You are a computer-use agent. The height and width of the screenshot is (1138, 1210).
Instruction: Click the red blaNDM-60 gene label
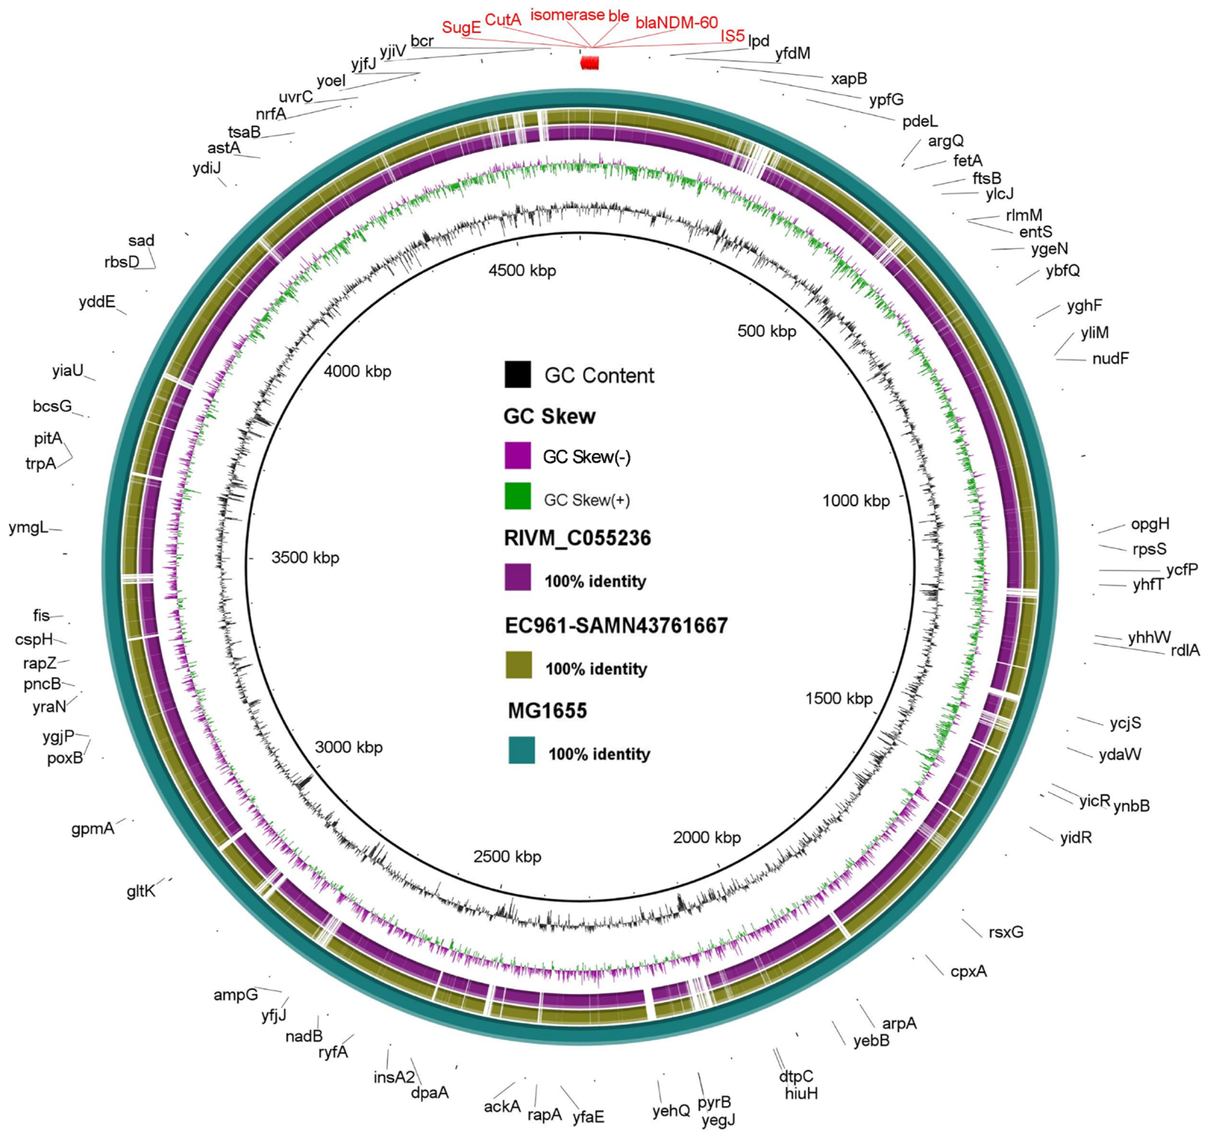coord(676,23)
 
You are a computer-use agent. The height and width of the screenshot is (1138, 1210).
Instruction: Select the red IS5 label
coord(732,36)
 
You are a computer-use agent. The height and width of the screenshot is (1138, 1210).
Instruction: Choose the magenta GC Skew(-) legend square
coord(518,456)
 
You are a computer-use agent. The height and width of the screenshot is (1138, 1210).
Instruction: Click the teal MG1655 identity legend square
coord(522,750)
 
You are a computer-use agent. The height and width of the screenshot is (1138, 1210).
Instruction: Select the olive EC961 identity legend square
coord(519,665)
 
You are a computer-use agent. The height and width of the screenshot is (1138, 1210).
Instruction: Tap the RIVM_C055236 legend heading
coord(577,538)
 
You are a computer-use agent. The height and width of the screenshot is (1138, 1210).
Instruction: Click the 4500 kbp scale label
coord(522,271)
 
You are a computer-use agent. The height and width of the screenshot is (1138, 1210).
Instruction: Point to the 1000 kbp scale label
coord(856,501)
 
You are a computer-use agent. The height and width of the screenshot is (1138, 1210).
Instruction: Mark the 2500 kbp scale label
coord(507,857)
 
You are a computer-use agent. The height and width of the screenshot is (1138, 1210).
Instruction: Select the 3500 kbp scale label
coord(305,558)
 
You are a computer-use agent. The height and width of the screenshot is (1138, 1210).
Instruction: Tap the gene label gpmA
coord(93,829)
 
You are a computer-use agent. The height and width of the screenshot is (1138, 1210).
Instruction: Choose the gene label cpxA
coord(969,971)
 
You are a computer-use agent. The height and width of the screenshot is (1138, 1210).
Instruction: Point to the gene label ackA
coord(502,1106)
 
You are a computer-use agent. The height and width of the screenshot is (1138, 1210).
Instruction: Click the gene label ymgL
coord(28,527)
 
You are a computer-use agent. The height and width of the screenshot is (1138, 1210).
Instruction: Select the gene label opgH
coord(1150,524)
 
